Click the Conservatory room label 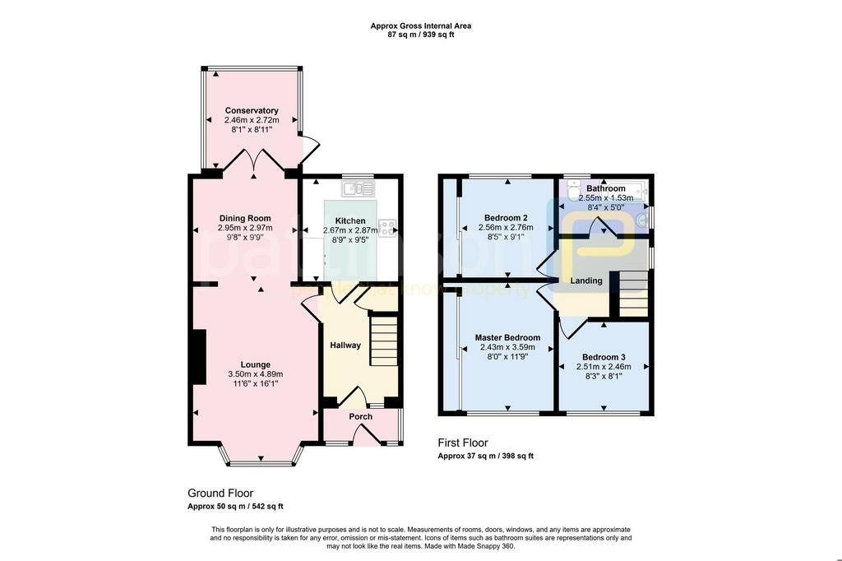pos(252,111)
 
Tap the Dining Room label pos(245,218)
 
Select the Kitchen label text pos(350,220)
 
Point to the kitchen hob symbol pos(388,228)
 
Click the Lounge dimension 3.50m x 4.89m pos(256,374)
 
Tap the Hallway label pos(345,345)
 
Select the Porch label pos(361,416)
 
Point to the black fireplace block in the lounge pos(199,357)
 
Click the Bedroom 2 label pos(506,218)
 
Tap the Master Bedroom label pos(507,337)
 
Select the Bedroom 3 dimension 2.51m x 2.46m pos(604,367)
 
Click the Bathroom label pos(606,188)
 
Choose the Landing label pos(586,280)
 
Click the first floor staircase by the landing pos(634,294)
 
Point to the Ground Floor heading pos(220,493)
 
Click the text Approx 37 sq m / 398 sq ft pos(485,456)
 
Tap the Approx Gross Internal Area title pos(421,25)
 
